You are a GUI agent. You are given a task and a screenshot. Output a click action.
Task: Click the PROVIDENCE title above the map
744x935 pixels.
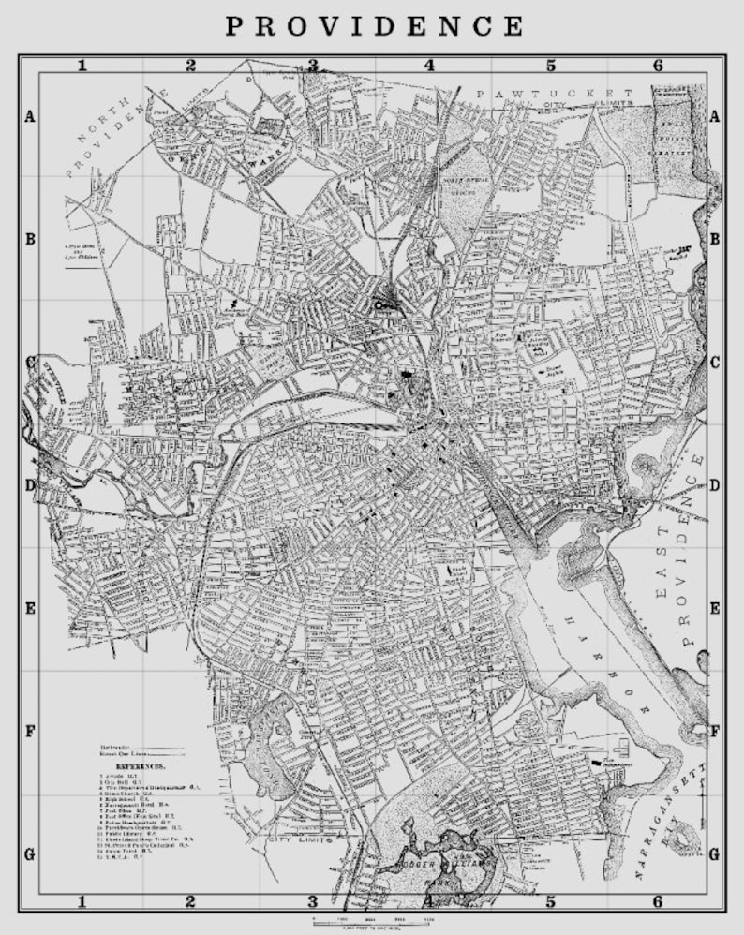(373, 25)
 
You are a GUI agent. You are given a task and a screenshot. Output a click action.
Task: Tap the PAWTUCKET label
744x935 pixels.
(554, 94)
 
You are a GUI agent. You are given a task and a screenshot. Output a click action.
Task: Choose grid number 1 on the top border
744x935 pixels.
(82, 66)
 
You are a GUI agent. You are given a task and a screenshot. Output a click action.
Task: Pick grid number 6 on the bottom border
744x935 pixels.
(658, 902)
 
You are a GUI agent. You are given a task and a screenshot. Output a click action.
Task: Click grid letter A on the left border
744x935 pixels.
(29, 117)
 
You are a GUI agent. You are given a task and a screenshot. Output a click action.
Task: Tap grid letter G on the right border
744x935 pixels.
(715, 853)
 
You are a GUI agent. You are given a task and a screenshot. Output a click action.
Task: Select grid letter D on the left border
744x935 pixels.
(29, 485)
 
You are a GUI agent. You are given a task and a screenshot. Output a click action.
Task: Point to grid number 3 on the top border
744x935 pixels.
(313, 66)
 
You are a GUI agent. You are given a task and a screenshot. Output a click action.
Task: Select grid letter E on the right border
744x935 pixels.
(715, 608)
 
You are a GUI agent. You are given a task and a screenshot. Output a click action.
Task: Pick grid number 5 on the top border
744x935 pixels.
(551, 66)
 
